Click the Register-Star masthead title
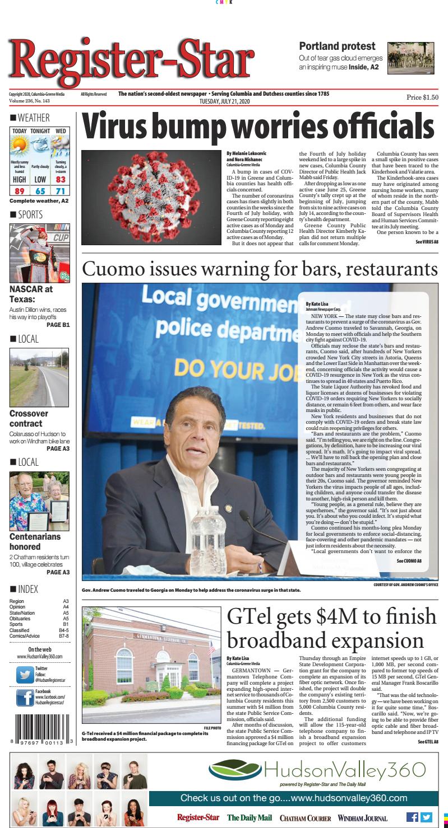(131, 60)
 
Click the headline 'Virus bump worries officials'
(258, 127)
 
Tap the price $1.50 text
(422, 97)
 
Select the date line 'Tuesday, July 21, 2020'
(224, 101)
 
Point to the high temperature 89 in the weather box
(19, 191)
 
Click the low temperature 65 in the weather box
(40, 191)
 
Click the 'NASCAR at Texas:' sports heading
(31, 294)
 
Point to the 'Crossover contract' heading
(29, 419)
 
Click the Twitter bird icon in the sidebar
(25, 675)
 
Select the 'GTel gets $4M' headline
(331, 628)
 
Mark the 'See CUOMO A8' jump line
(409, 560)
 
